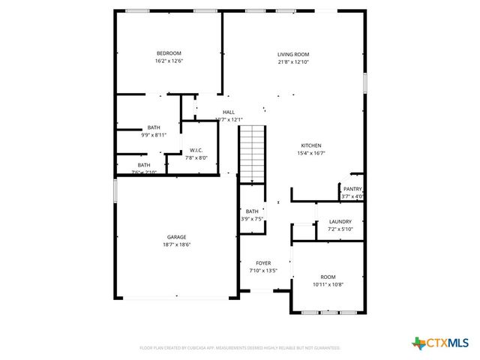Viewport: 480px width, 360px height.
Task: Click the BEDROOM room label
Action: pos(169,53)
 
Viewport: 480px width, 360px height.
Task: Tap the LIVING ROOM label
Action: pos(293,55)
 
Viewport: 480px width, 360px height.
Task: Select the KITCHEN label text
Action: pos(311,145)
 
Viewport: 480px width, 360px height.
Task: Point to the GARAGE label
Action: pos(177,237)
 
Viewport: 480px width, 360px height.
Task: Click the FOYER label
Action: pos(263,263)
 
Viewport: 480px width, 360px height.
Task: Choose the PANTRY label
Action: pos(352,189)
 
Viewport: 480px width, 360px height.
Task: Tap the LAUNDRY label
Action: pos(340,221)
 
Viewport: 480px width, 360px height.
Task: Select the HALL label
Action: pos(229,112)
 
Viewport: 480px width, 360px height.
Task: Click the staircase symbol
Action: pos(253,154)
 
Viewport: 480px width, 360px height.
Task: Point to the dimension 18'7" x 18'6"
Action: pos(177,244)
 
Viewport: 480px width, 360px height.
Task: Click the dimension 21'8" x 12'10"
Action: pos(293,62)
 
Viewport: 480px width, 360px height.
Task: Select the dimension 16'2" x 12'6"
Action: pos(169,61)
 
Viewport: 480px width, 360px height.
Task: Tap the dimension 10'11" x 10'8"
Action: pos(328,284)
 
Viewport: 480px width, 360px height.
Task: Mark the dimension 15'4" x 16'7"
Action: pos(311,153)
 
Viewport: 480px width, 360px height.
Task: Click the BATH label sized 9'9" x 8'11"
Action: pos(154,127)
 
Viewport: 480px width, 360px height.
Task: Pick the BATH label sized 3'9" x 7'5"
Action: pos(252,211)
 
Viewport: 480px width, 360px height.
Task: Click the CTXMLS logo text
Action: pos(448,343)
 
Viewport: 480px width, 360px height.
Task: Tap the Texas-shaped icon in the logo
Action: pos(418,343)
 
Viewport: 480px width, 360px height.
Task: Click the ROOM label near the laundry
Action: pos(328,277)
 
